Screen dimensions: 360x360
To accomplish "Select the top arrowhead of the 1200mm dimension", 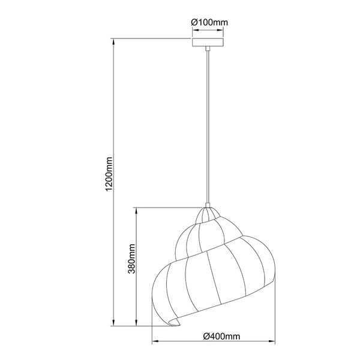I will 114,41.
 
